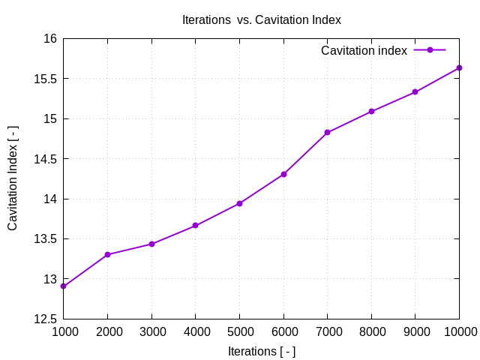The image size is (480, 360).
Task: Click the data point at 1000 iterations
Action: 63,286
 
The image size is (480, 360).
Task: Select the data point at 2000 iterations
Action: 107,255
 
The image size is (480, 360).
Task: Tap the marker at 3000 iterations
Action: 151,244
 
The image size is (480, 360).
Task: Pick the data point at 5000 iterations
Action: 239,203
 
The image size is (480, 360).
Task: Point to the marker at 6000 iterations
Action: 283,174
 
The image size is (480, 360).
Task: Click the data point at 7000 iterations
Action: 327,132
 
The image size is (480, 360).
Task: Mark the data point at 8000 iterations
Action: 371,111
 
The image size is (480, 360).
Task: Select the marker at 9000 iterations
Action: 415,92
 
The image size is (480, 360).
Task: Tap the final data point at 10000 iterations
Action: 459,68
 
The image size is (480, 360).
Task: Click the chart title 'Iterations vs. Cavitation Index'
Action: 261,20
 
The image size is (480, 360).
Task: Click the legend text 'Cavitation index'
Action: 364,50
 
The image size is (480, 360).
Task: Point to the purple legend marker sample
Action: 430,50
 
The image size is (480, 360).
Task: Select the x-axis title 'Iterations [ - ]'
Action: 261,351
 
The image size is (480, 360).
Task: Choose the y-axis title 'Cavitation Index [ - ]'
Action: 13,178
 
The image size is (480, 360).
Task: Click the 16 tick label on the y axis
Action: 49,39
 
